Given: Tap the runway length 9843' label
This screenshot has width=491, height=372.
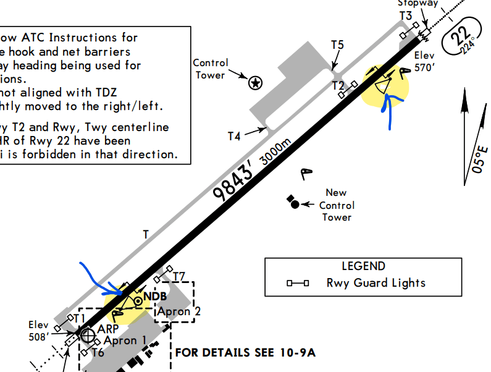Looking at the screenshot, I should tap(233, 184).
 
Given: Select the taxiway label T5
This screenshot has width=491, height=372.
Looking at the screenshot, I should tap(337, 45).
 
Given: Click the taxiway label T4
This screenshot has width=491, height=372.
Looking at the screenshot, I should tap(233, 136).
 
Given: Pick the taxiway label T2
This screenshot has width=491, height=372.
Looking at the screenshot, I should tap(338, 85).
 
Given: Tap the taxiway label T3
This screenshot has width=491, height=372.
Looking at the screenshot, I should tap(405, 15).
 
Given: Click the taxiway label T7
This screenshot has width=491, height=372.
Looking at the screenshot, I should tap(179, 276).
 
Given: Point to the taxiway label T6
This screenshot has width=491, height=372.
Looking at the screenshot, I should tap(98, 353).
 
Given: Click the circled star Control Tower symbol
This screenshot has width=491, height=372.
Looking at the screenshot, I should tap(254, 82).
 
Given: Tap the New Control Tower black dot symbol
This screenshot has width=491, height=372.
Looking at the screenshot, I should tap(295, 204).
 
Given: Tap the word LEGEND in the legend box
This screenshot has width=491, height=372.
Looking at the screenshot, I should tap(363, 266).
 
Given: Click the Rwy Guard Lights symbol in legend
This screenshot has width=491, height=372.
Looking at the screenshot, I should tap(298, 284).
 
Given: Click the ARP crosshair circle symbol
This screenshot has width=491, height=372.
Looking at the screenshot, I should tap(88, 334).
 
